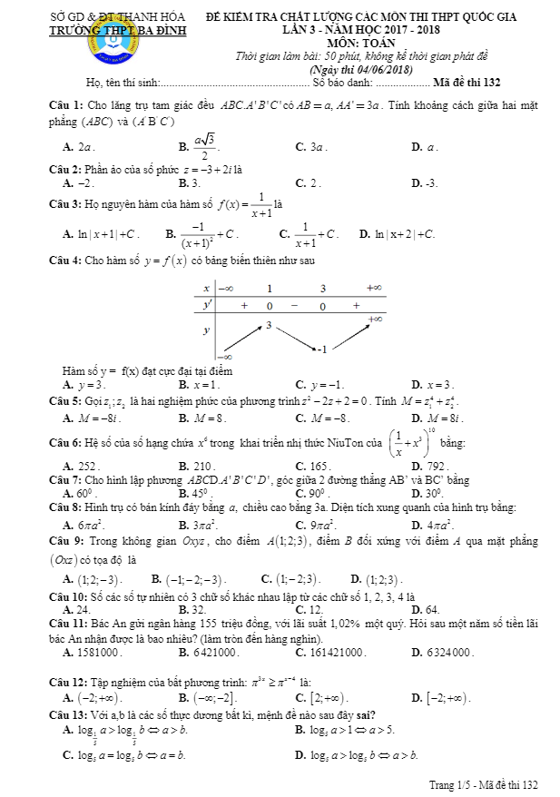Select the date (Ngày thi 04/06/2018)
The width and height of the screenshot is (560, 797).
coord(362,70)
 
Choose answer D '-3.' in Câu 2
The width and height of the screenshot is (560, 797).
coord(431,182)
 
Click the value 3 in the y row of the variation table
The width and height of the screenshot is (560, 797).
coord(269,324)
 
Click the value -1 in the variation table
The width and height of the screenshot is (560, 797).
coord(320,348)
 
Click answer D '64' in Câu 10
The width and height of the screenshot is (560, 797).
coord(432,609)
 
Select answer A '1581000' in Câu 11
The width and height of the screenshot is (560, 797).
coord(99,652)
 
